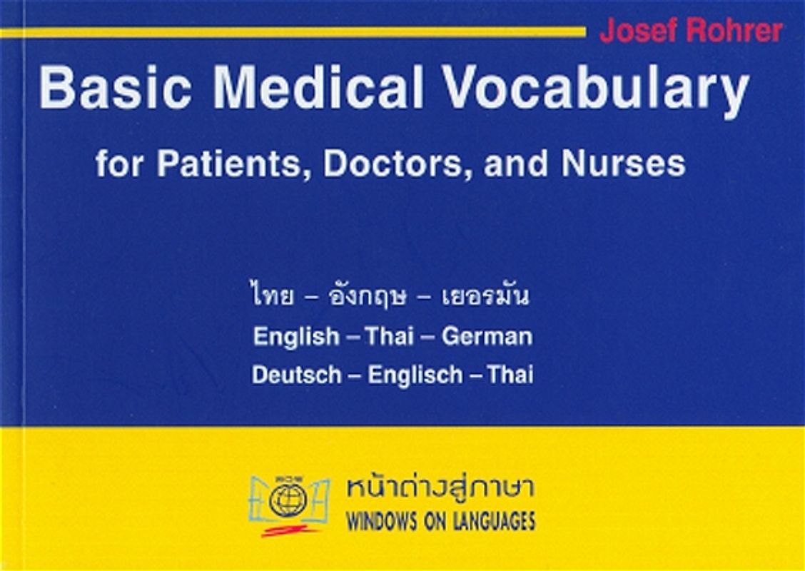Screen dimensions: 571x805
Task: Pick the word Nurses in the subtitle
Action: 623,165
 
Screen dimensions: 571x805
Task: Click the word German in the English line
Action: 487,336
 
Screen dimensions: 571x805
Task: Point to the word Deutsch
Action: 296,375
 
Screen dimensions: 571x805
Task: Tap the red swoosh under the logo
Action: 289,531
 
